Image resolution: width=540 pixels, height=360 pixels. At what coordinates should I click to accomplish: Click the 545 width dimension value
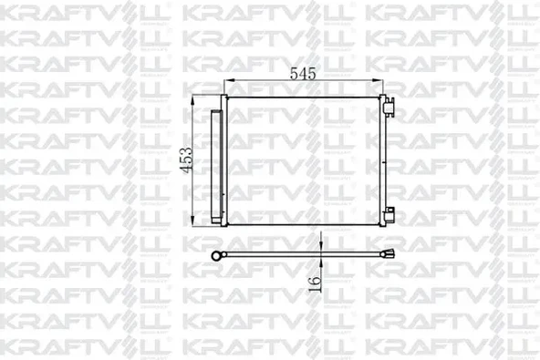[303, 73]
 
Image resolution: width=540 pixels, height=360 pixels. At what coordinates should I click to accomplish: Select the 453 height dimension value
[186, 160]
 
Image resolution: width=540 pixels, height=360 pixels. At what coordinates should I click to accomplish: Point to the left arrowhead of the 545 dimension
[229, 80]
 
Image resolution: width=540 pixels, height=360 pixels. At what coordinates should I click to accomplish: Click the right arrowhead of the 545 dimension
[378, 80]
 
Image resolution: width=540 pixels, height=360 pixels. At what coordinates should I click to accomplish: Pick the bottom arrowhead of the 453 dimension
[193, 221]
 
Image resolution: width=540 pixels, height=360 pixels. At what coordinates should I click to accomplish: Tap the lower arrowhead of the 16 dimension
[321, 262]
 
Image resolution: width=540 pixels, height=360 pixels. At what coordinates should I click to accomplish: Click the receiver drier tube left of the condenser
[216, 166]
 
